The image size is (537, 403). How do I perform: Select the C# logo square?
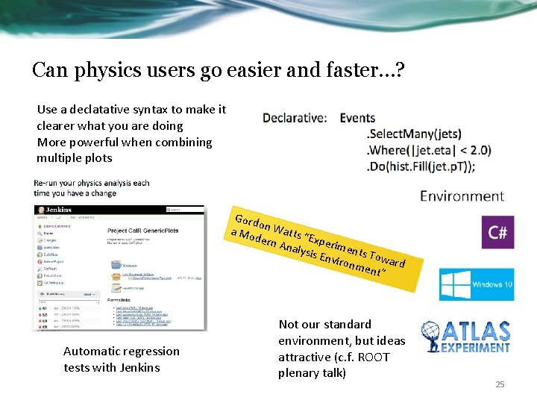pos(497,233)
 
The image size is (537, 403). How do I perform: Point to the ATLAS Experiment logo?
pos(466,337)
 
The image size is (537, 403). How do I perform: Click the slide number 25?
pos(500,384)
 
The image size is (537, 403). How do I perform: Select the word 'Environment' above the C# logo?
pos(462,196)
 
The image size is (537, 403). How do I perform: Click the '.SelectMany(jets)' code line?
pos(414,134)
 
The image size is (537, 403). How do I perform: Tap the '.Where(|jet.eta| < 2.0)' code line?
pos(429,150)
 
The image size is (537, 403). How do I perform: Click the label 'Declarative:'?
pos(294,118)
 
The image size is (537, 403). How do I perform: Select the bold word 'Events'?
pos(357,118)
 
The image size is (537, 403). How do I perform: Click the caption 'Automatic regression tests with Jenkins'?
pos(121,358)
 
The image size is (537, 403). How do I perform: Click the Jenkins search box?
pos(183,210)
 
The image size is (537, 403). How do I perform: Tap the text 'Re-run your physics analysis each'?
pos(91,183)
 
